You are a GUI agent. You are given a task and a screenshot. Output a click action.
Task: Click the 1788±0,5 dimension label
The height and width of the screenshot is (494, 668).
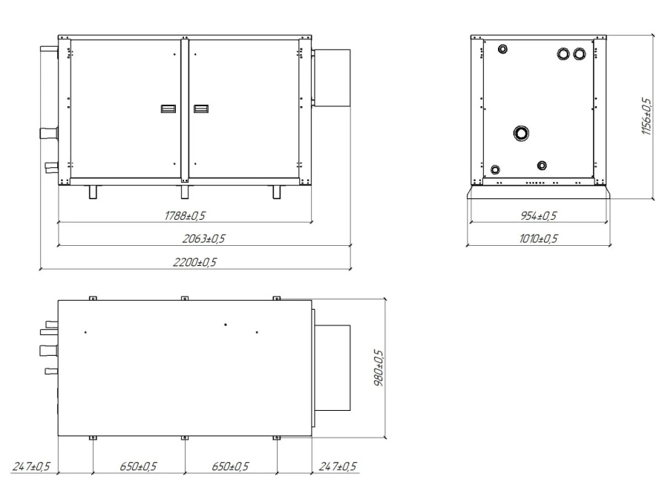(x=184, y=215)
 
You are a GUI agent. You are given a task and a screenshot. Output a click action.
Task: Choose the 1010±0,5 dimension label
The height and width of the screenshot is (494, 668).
(x=537, y=238)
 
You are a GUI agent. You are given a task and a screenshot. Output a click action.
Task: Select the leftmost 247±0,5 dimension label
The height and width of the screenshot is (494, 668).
(x=31, y=467)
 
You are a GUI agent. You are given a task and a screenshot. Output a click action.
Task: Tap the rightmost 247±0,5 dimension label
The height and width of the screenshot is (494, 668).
(x=337, y=467)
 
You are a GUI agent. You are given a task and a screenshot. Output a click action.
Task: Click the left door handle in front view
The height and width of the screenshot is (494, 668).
(x=168, y=109)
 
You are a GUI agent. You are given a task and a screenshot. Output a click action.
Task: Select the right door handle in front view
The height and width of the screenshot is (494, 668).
(x=200, y=109)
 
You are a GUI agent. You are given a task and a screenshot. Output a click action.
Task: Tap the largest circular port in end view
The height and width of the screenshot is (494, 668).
(x=522, y=133)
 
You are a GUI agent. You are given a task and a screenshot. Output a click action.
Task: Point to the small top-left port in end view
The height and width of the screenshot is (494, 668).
(x=503, y=50)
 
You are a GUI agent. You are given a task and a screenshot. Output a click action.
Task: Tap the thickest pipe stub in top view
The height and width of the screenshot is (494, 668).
(x=48, y=349)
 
